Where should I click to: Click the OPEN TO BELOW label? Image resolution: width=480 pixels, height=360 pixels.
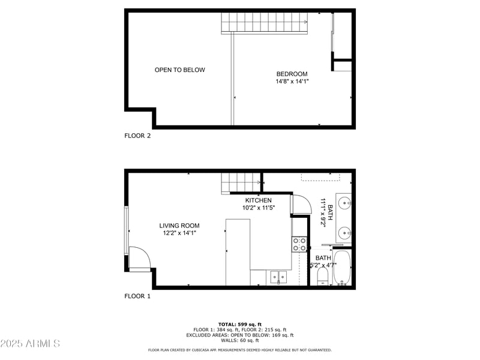click(179, 70)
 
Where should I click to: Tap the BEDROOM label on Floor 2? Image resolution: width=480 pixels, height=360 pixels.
click(292, 74)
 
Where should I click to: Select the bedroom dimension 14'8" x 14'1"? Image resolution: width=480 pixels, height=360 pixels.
click(292, 82)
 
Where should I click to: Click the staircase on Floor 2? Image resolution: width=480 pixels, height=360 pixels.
click(265, 24)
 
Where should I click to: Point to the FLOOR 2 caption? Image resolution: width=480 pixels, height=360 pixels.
click(137, 136)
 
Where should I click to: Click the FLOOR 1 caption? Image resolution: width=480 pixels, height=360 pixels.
click(137, 296)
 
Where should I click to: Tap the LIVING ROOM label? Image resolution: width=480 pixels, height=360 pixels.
click(179, 226)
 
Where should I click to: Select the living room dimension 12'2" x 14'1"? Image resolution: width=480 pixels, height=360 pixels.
click(179, 233)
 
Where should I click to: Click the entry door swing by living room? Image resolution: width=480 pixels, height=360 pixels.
click(139, 259)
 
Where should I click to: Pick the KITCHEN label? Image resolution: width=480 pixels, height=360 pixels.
click(258, 200)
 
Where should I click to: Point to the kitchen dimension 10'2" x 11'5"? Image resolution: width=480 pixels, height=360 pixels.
click(258, 208)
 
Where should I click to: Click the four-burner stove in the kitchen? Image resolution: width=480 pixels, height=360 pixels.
click(299, 244)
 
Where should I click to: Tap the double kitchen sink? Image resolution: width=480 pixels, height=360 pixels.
click(278, 277)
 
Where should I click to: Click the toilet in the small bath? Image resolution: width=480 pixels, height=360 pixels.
click(323, 277)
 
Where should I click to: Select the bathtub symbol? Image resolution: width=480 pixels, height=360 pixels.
click(342, 268)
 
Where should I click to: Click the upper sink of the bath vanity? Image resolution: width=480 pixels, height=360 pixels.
click(344, 203)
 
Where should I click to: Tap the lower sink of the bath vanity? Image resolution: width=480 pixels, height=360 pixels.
click(344, 232)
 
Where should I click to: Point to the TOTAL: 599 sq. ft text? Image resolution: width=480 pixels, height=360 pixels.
click(239, 324)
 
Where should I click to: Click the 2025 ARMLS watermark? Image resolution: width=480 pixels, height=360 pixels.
click(30, 344)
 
